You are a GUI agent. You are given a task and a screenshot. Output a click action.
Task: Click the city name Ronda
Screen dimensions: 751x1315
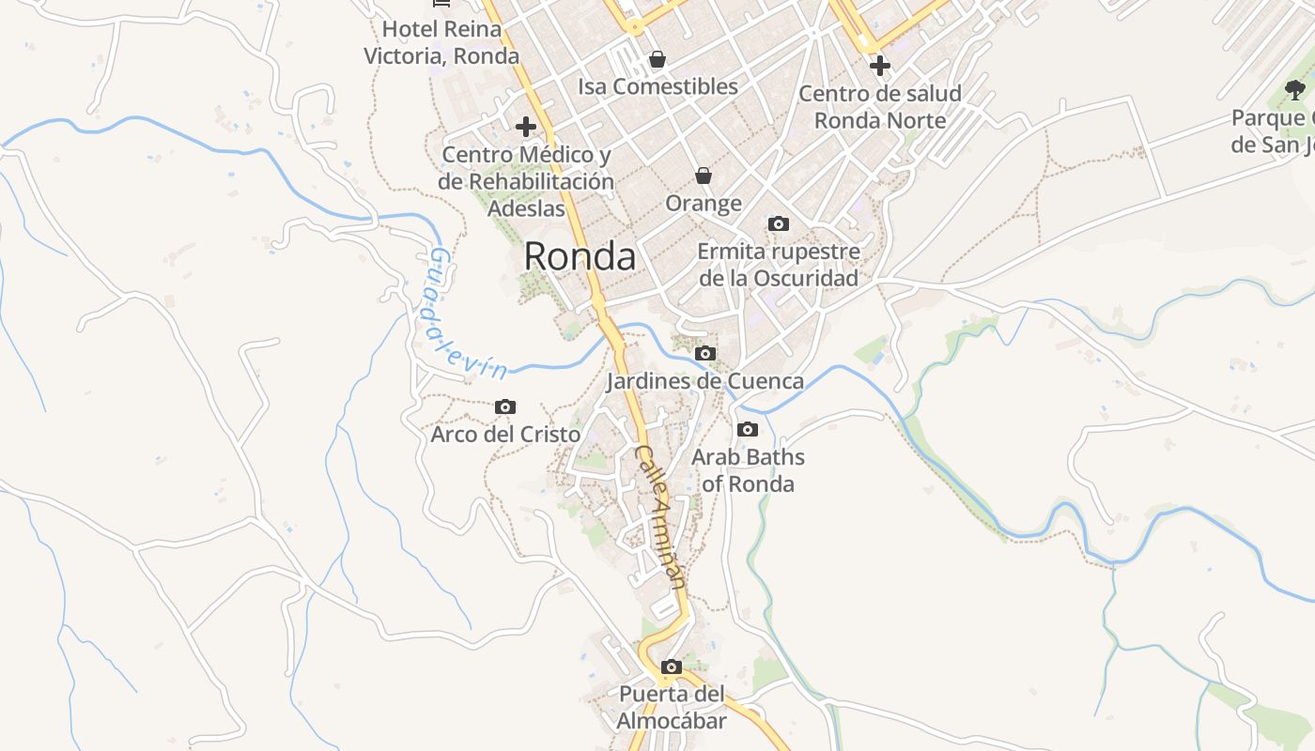click(580, 256)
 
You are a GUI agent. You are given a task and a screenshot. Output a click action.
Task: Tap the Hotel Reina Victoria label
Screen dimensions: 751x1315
click(441, 42)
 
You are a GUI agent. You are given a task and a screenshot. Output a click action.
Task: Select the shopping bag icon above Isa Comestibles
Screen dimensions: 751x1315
click(657, 60)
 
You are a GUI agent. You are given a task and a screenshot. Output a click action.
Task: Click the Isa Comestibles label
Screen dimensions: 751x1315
click(657, 86)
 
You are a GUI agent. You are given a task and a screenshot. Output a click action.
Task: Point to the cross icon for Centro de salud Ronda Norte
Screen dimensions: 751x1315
click(880, 66)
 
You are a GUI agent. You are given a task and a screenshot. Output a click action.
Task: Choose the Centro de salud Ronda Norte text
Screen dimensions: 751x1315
click(880, 107)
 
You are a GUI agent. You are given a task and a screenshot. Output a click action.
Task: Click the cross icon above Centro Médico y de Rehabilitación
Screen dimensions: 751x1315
click(526, 126)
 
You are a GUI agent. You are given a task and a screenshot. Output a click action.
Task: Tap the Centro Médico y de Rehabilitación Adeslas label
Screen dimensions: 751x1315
click(526, 181)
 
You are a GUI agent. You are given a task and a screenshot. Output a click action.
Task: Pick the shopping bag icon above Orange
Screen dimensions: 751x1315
click(703, 176)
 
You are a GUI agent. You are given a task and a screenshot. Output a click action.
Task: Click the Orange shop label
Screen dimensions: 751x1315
click(704, 204)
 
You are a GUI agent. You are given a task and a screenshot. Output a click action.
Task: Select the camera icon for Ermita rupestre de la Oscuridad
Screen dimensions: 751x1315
click(779, 223)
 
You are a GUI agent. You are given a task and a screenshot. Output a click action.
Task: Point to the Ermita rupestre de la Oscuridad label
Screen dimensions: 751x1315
click(779, 265)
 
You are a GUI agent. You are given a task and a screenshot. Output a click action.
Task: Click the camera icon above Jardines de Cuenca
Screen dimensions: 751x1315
click(704, 354)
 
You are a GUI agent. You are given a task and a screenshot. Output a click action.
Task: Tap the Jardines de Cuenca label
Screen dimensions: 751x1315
click(704, 381)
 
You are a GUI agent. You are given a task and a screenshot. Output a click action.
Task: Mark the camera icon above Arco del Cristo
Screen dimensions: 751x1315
click(505, 407)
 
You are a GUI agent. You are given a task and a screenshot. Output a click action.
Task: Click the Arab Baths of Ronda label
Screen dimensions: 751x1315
click(748, 470)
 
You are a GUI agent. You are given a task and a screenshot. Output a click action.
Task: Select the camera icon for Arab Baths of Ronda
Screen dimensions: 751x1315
click(748, 430)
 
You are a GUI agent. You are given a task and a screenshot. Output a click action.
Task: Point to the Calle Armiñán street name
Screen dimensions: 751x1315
click(661, 516)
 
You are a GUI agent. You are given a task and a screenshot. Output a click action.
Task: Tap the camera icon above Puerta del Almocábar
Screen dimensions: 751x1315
click(671, 667)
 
